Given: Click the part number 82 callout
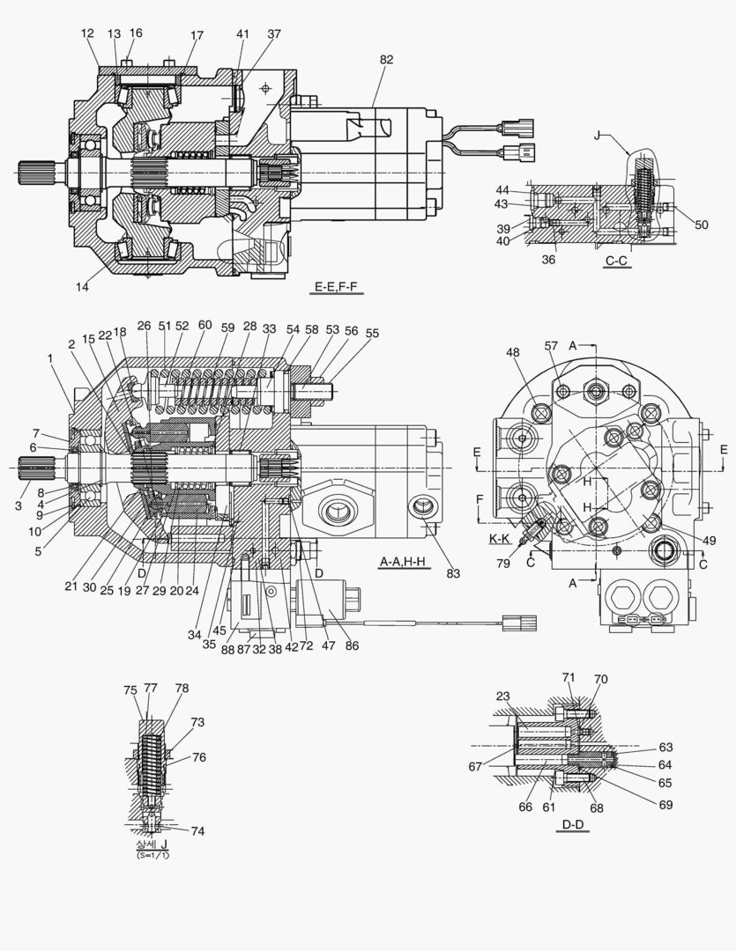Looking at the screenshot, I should coord(386,60).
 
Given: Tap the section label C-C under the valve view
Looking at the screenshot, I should coord(617,262).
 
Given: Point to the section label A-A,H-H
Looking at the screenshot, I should coord(405,561).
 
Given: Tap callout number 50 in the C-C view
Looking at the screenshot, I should coord(701,225).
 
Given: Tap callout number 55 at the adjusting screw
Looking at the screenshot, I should coord(373,335).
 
